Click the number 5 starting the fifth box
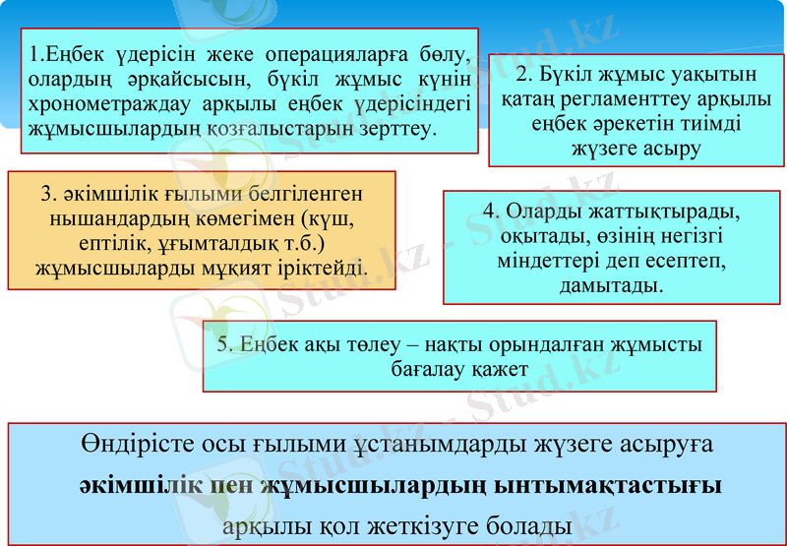pos(223,344)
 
